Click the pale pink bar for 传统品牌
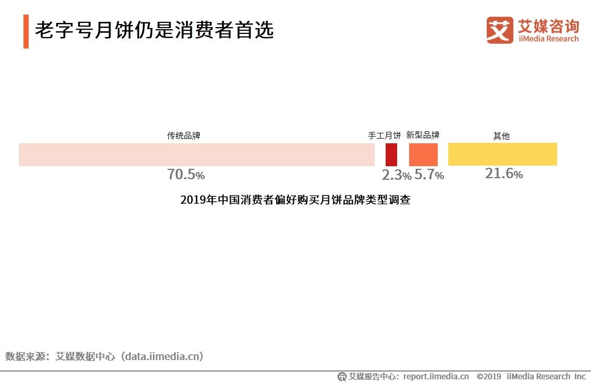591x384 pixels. click(196, 155)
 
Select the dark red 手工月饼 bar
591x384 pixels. click(391, 155)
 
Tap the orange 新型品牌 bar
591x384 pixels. click(423, 155)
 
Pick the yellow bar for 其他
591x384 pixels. click(502, 154)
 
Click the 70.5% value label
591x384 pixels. click(186, 175)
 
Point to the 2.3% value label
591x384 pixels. click(396, 175)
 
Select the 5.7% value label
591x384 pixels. click(429, 175)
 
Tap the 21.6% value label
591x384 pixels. click(503, 174)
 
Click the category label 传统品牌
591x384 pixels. click(183, 135)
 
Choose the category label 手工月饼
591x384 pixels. click(385, 135)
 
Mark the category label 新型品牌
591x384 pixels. click(423, 135)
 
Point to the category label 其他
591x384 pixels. click(501, 136)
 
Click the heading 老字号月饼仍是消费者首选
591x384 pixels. click(154, 31)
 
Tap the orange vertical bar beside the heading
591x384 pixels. click(26, 31)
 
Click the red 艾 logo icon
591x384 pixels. click(500, 30)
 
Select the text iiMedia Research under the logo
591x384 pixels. click(548, 39)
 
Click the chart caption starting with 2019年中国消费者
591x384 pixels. click(295, 200)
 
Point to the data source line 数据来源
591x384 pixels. click(104, 356)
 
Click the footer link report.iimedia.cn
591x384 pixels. click(436, 376)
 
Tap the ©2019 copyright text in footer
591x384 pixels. click(489, 376)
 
